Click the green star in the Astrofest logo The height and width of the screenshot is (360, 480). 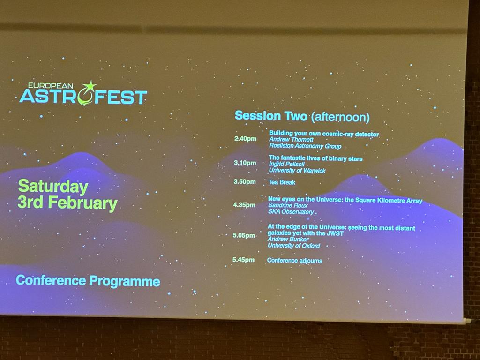[x=89, y=86]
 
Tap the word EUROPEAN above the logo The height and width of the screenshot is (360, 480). [x=51, y=86]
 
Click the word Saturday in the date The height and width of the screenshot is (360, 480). [x=53, y=187]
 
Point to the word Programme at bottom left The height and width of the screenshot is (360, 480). [x=125, y=281]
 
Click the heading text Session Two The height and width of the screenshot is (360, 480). [x=271, y=116]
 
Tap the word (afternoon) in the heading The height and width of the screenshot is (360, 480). [x=340, y=117]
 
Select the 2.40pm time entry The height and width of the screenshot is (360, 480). [x=245, y=139]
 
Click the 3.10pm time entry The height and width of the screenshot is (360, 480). [x=245, y=163]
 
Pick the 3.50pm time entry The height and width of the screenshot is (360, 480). [x=245, y=181]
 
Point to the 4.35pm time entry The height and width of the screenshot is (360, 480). [x=244, y=205]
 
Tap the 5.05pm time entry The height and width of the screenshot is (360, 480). [x=244, y=235]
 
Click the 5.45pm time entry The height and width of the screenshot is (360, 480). [x=243, y=260]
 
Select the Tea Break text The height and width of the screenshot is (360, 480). [x=282, y=182]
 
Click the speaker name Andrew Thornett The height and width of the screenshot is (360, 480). [x=291, y=140]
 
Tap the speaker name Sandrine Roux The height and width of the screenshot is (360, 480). [x=288, y=205]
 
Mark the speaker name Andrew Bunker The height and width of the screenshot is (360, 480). [x=288, y=239]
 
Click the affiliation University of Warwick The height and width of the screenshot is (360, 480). [x=297, y=171]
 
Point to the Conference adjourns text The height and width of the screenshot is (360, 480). [x=294, y=261]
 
